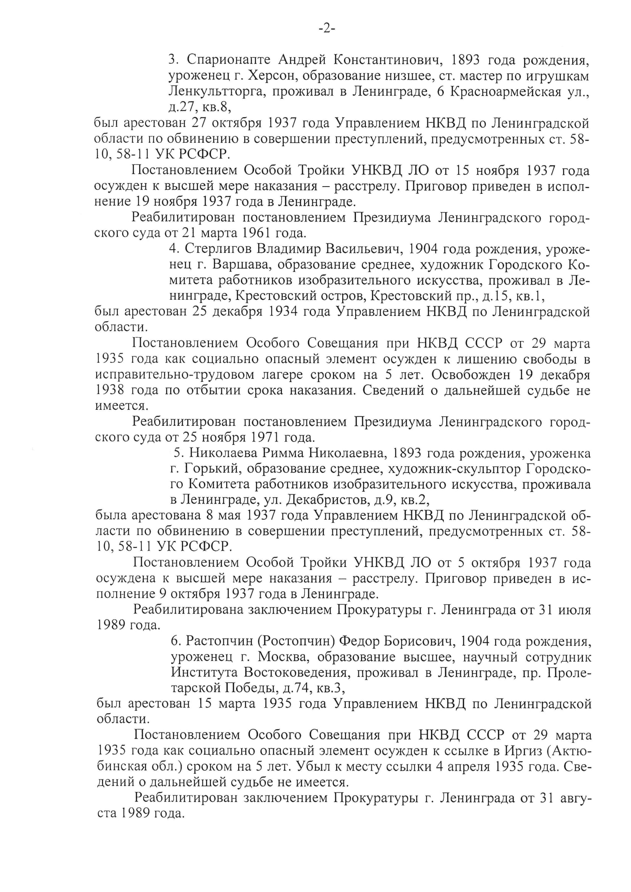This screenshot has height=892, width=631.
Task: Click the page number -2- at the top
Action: coord(327,29)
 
